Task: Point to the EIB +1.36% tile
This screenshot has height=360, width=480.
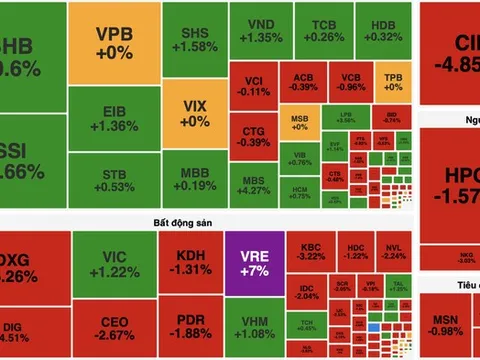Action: point(114,118)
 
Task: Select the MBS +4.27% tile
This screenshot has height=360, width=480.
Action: point(254,183)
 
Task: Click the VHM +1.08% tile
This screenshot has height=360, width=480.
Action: point(254,325)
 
